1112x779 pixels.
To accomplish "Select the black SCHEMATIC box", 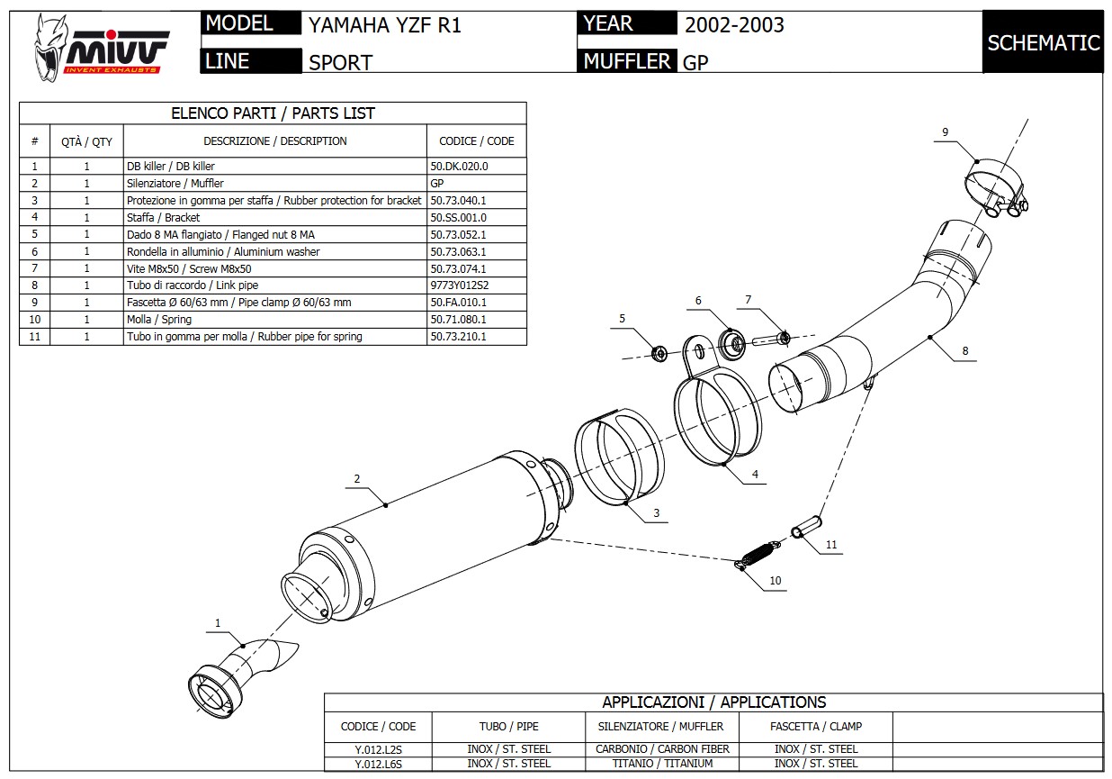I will point(1043,42).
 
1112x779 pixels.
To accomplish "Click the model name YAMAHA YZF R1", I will point(385,25).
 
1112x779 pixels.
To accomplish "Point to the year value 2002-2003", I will point(734,25).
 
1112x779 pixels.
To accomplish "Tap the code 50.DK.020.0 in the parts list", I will point(459,167).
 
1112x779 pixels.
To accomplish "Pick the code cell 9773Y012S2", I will point(459,285).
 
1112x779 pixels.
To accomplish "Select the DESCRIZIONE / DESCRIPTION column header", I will point(274,141).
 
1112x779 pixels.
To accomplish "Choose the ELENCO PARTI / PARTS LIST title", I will point(273,113).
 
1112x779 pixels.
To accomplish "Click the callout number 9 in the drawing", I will point(945,132).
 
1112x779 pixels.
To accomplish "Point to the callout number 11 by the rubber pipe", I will point(830,544).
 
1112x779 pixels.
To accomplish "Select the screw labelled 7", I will point(769,340).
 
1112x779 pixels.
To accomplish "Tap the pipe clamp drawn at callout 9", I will point(997,189).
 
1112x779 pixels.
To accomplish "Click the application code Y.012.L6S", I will point(378,764).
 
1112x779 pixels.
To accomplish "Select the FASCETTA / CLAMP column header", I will point(816,726).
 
